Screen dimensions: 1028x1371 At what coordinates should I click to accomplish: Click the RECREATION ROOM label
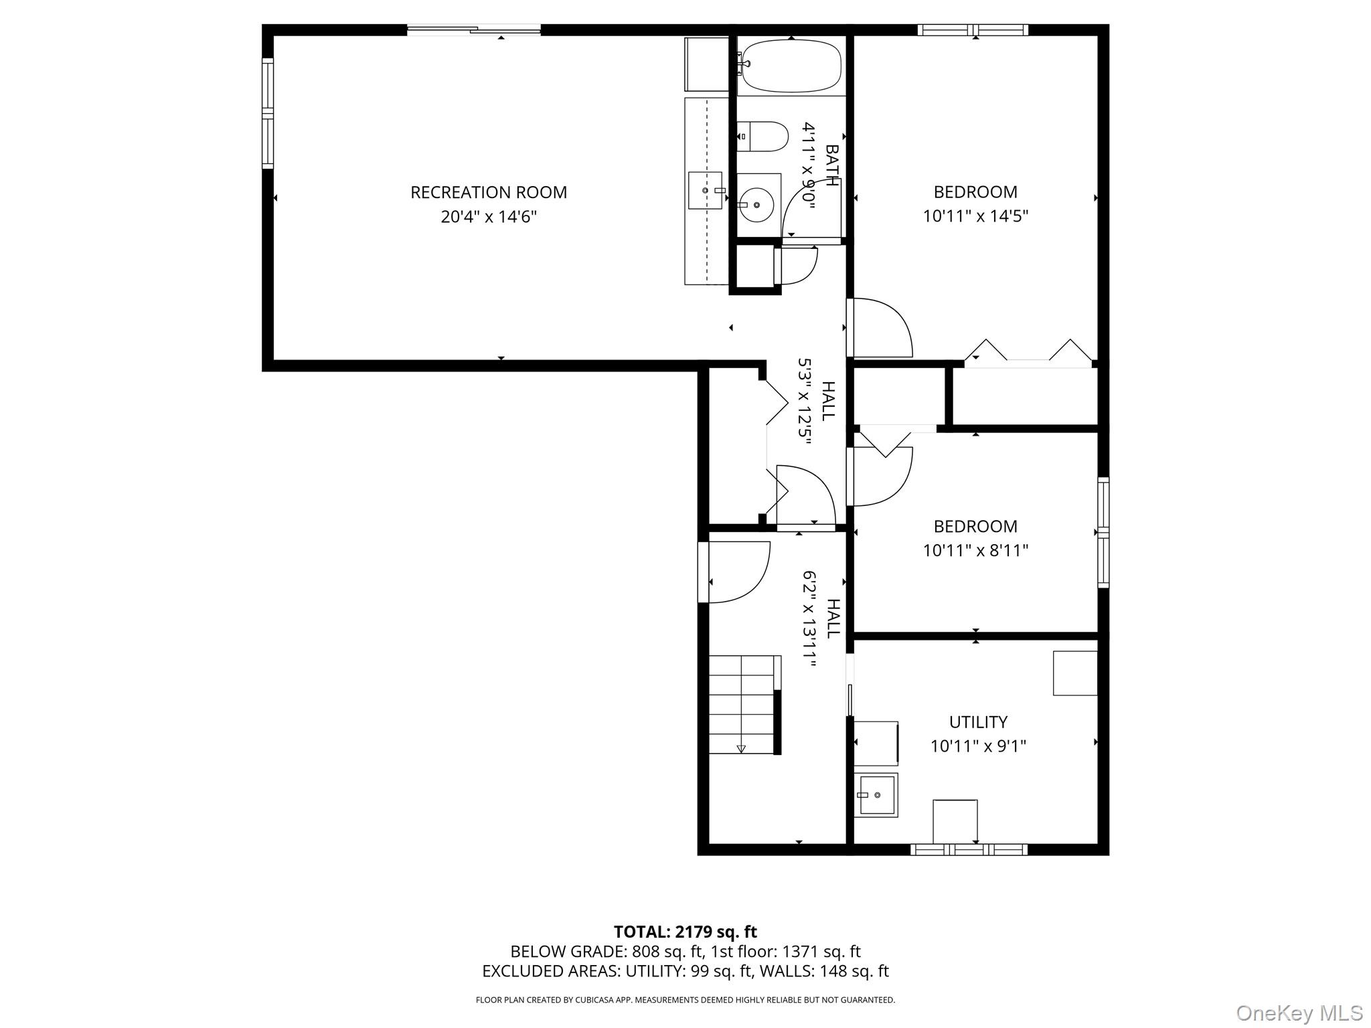click(x=488, y=193)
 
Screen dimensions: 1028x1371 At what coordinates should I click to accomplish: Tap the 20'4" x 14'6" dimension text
click(x=488, y=217)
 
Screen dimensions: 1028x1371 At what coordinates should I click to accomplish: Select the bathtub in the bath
click(x=791, y=66)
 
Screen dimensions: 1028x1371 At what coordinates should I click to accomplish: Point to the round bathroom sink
click(x=757, y=205)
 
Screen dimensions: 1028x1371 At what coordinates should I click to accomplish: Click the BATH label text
click(x=832, y=165)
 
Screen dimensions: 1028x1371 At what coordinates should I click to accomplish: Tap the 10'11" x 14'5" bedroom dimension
click(x=975, y=216)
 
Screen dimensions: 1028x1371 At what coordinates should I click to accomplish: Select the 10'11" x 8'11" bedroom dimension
click(x=975, y=550)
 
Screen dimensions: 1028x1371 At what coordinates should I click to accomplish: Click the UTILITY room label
click(x=977, y=721)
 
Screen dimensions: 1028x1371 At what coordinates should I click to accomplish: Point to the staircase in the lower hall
click(x=743, y=704)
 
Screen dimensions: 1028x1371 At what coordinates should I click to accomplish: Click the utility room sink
click(x=876, y=794)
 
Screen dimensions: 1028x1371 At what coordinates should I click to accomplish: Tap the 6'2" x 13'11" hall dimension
click(x=810, y=618)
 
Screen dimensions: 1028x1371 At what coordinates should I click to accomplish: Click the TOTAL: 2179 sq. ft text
click(x=685, y=932)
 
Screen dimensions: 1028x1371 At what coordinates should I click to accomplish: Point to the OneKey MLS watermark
click(x=1299, y=1013)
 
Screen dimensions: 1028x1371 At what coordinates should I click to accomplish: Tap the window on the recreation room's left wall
click(x=268, y=112)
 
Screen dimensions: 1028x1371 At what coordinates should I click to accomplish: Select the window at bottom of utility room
click(x=968, y=849)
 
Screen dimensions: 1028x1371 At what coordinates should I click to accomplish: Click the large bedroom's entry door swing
click(x=878, y=328)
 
